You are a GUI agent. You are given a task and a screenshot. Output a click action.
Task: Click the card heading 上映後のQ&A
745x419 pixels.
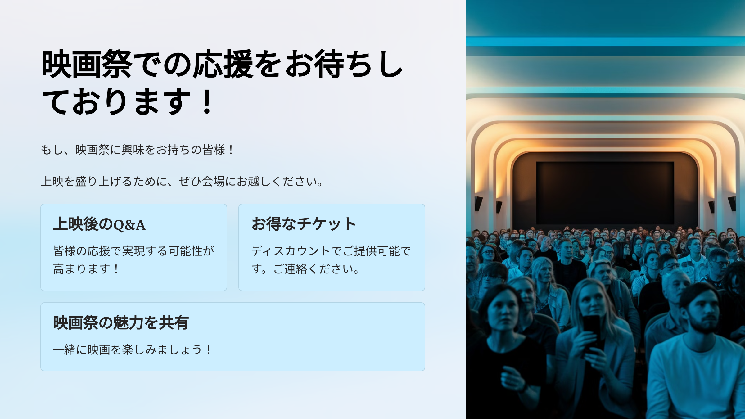coord(99,224)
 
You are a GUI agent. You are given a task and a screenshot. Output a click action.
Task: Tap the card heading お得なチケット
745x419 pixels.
coord(304,224)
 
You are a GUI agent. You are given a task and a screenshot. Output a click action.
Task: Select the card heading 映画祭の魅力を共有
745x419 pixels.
coord(121,322)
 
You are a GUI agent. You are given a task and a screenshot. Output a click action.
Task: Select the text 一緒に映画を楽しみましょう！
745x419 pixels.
coord(132,350)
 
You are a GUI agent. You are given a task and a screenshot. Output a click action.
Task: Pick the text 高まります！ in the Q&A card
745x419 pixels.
coord(86,269)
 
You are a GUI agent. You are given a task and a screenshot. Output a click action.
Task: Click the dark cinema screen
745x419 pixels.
coord(605,192)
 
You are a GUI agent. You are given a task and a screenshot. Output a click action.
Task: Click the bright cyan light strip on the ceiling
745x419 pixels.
coord(605,41)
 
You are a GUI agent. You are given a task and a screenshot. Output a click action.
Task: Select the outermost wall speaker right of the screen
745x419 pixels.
coord(732,204)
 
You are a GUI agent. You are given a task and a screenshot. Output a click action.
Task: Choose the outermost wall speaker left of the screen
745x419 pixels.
coord(478,204)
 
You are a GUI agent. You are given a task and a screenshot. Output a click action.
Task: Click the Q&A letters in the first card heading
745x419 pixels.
coord(130,225)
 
